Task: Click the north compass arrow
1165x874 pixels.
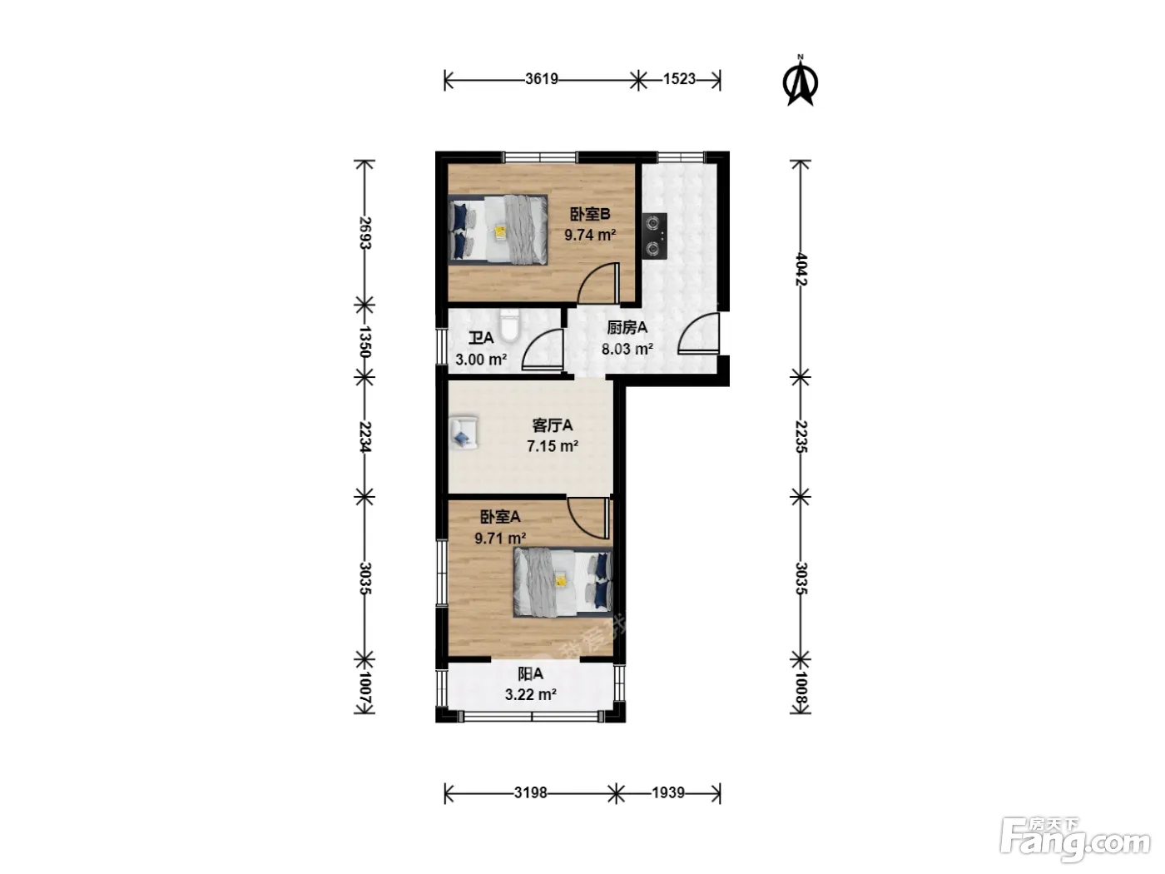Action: pos(800,82)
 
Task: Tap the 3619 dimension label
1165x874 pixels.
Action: pos(542,79)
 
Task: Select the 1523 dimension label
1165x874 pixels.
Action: pos(679,79)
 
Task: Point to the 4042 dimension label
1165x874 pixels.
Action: pos(801,270)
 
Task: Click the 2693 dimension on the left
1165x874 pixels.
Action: pos(364,232)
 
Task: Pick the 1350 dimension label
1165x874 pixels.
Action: pos(364,341)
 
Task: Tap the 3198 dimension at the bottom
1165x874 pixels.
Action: pos(530,792)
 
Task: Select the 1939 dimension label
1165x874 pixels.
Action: pos(668,792)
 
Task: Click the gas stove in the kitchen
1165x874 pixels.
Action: pos(654,236)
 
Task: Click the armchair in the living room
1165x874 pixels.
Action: pos(464,433)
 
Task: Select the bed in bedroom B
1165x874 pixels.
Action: pos(498,230)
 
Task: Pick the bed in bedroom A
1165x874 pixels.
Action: pos(563,582)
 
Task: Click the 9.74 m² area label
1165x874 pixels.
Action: pos(590,235)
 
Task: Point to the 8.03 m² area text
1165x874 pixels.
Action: pos(627,349)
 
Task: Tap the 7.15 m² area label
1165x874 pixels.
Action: pos(553,446)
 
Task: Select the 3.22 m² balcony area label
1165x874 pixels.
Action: pos(530,695)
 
